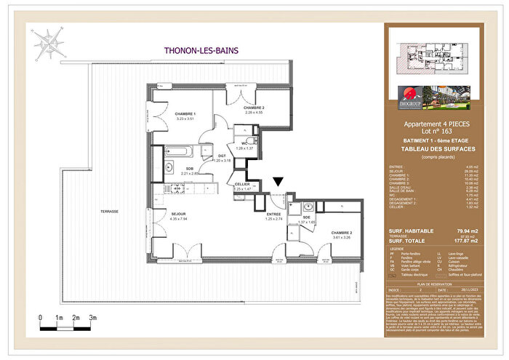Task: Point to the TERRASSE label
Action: coord(109,210)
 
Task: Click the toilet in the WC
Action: coord(250,141)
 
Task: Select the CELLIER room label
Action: coord(242,183)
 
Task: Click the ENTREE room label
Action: coord(273,214)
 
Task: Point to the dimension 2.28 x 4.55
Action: coord(253,112)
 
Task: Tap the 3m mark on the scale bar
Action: coord(93,318)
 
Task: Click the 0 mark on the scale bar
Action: coord(41,318)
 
